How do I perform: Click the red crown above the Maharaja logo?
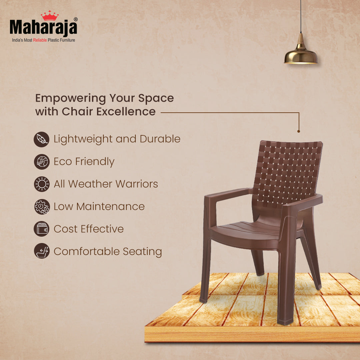49,16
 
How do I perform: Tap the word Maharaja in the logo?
43,28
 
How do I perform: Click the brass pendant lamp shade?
301,55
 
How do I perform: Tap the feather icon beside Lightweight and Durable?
42,139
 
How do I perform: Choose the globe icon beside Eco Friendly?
42,162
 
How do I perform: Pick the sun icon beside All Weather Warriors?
42,184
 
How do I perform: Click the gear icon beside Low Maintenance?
42,207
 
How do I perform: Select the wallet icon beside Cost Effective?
42,229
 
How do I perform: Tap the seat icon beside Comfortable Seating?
42,251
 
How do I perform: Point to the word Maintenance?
110,207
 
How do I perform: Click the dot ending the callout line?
299,131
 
